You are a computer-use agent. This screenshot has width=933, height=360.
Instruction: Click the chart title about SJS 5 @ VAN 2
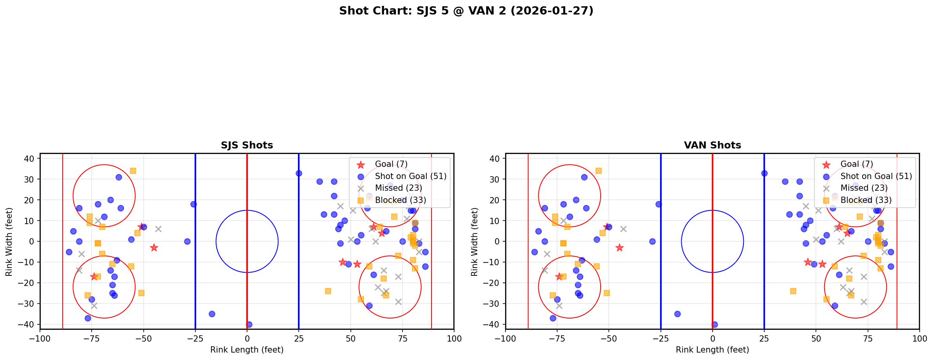tap(466, 11)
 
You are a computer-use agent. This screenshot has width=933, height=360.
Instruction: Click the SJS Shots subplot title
tap(247, 145)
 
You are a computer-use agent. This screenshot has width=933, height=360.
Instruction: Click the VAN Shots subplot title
tap(712, 145)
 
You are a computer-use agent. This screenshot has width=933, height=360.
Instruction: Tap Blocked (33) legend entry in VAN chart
tap(866, 200)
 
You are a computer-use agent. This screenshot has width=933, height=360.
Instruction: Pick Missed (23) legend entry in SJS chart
tap(398, 188)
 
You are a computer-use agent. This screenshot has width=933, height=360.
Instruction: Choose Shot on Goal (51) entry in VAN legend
tap(876, 176)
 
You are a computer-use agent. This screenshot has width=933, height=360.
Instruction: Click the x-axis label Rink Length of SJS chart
tap(247, 350)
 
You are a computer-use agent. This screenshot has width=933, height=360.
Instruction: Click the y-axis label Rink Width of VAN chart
tap(475, 242)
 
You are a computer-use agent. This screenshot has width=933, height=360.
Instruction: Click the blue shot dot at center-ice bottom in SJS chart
tap(249, 324)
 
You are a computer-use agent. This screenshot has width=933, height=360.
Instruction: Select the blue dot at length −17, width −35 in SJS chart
tap(212, 314)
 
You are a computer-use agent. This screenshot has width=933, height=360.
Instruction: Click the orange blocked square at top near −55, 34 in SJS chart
tap(133, 171)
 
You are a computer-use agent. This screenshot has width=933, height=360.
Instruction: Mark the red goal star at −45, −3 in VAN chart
tap(619, 248)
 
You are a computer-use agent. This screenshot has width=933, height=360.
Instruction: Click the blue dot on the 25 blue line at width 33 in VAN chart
tap(764, 173)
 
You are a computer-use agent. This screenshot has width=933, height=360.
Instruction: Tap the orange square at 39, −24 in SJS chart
tap(328, 291)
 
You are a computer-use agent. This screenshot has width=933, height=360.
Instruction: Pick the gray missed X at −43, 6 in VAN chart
tap(623, 229)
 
